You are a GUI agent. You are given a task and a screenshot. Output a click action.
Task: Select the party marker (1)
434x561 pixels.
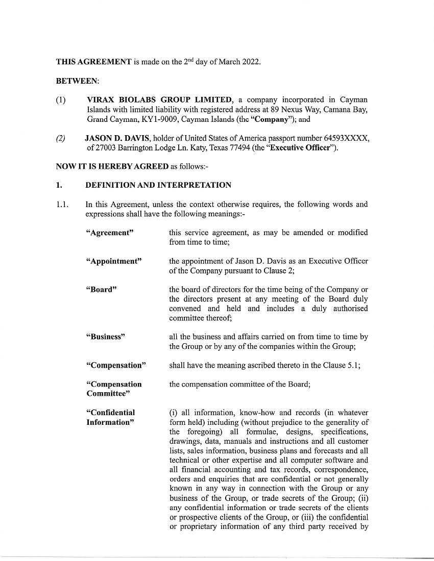(x=61, y=99)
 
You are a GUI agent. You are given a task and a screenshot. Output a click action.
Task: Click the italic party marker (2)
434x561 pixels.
(x=61, y=138)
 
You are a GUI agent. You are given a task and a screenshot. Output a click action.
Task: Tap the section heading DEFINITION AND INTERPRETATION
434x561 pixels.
(x=158, y=185)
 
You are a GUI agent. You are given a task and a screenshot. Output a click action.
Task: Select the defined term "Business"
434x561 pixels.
(x=105, y=337)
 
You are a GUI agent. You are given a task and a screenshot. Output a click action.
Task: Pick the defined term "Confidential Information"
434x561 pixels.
(x=110, y=417)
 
